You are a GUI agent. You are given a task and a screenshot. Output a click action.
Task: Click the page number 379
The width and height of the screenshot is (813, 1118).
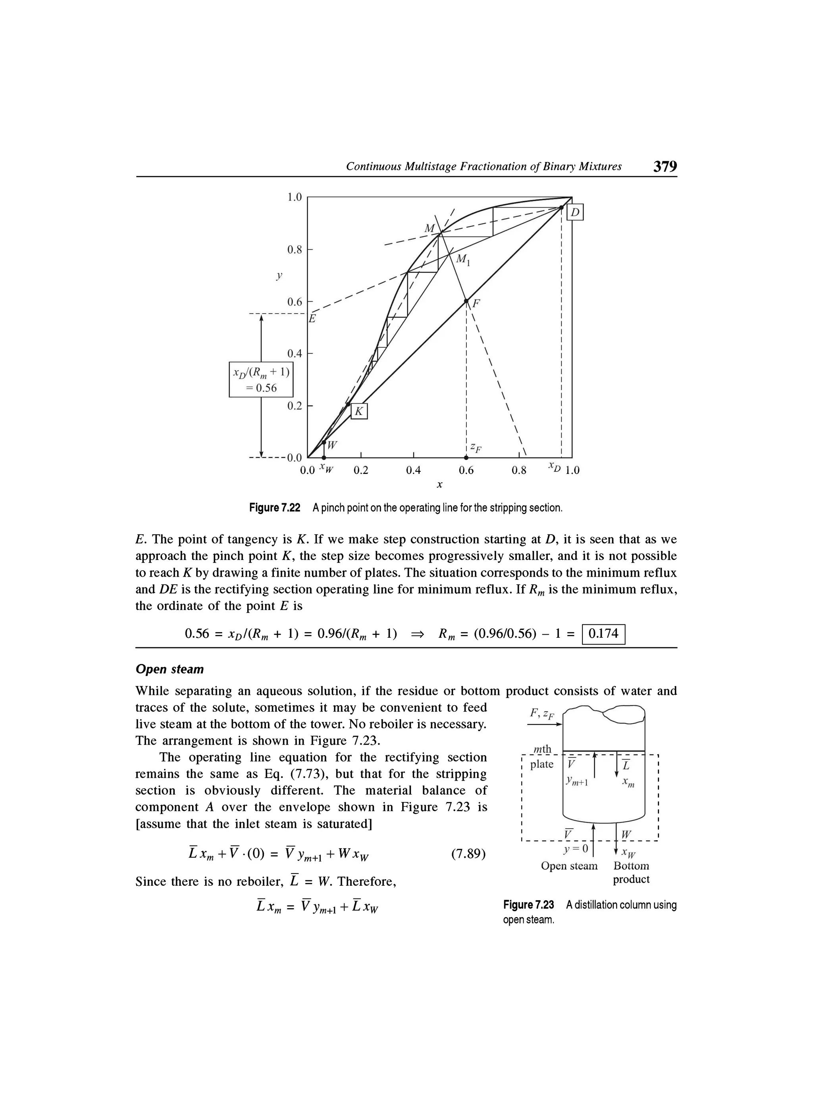coord(665,166)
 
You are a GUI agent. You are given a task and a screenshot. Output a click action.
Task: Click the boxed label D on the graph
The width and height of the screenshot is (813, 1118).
coord(575,212)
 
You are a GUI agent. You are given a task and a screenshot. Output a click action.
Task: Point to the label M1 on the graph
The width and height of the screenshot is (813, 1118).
coord(463,260)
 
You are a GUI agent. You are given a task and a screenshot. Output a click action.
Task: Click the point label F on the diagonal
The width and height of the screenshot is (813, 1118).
coord(476,304)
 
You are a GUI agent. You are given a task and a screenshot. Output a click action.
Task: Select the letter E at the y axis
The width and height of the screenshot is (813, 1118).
coord(312,319)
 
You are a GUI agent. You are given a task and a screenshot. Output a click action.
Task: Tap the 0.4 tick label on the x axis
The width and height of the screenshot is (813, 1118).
coord(413,470)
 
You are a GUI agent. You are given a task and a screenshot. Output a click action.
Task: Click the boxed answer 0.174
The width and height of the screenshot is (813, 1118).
coord(603,633)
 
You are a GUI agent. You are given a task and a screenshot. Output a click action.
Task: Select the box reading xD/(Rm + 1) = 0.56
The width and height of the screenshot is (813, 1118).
coord(261,379)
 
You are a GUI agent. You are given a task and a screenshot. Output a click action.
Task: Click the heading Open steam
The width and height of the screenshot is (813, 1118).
coord(169,669)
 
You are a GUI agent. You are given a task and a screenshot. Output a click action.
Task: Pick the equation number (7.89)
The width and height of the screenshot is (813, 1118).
coord(468,853)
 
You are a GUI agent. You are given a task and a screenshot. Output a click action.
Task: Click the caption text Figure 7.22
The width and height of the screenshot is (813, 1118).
coord(274,508)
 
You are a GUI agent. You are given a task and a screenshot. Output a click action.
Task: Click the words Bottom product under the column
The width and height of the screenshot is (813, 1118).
coord(631,872)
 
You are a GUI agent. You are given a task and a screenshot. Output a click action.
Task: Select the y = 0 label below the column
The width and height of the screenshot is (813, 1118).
coord(575,849)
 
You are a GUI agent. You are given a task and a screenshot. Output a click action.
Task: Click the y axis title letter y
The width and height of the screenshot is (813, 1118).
coord(279,276)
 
